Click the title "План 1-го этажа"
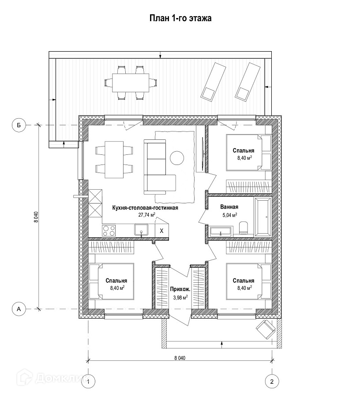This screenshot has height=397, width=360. pyautogui.click(x=180, y=18)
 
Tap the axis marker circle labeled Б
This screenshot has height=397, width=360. pyautogui.click(x=19, y=125)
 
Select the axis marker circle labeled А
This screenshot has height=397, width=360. pyautogui.click(x=19, y=309)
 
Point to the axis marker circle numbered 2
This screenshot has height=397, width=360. pyautogui.click(x=272, y=381)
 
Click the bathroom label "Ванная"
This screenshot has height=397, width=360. pyautogui.click(x=229, y=207)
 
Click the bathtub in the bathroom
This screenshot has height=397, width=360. pyautogui.click(x=265, y=216)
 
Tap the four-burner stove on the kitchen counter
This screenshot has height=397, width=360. pyautogui.click(x=109, y=230)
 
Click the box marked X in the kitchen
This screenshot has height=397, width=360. pyautogui.click(x=161, y=230)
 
